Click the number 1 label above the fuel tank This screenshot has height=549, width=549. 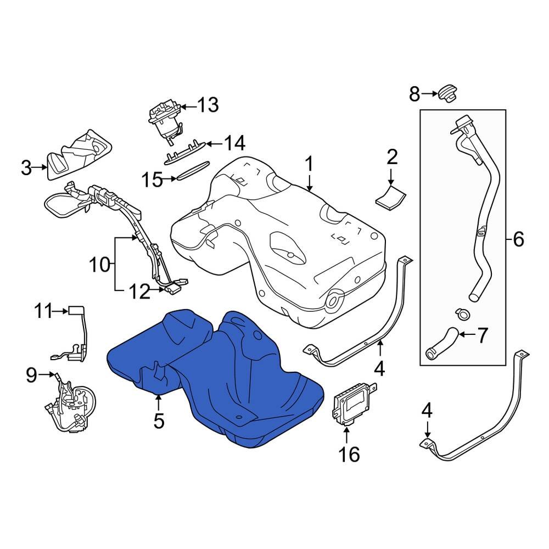(x=309, y=164)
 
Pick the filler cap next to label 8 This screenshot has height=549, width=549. (x=448, y=93)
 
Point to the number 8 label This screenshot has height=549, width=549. (x=414, y=94)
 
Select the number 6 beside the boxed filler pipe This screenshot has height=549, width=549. (x=518, y=239)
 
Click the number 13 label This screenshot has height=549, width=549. (x=208, y=104)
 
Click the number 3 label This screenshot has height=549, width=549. (x=26, y=168)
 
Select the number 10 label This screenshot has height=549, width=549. (x=100, y=265)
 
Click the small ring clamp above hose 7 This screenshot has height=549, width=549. (x=462, y=314)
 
